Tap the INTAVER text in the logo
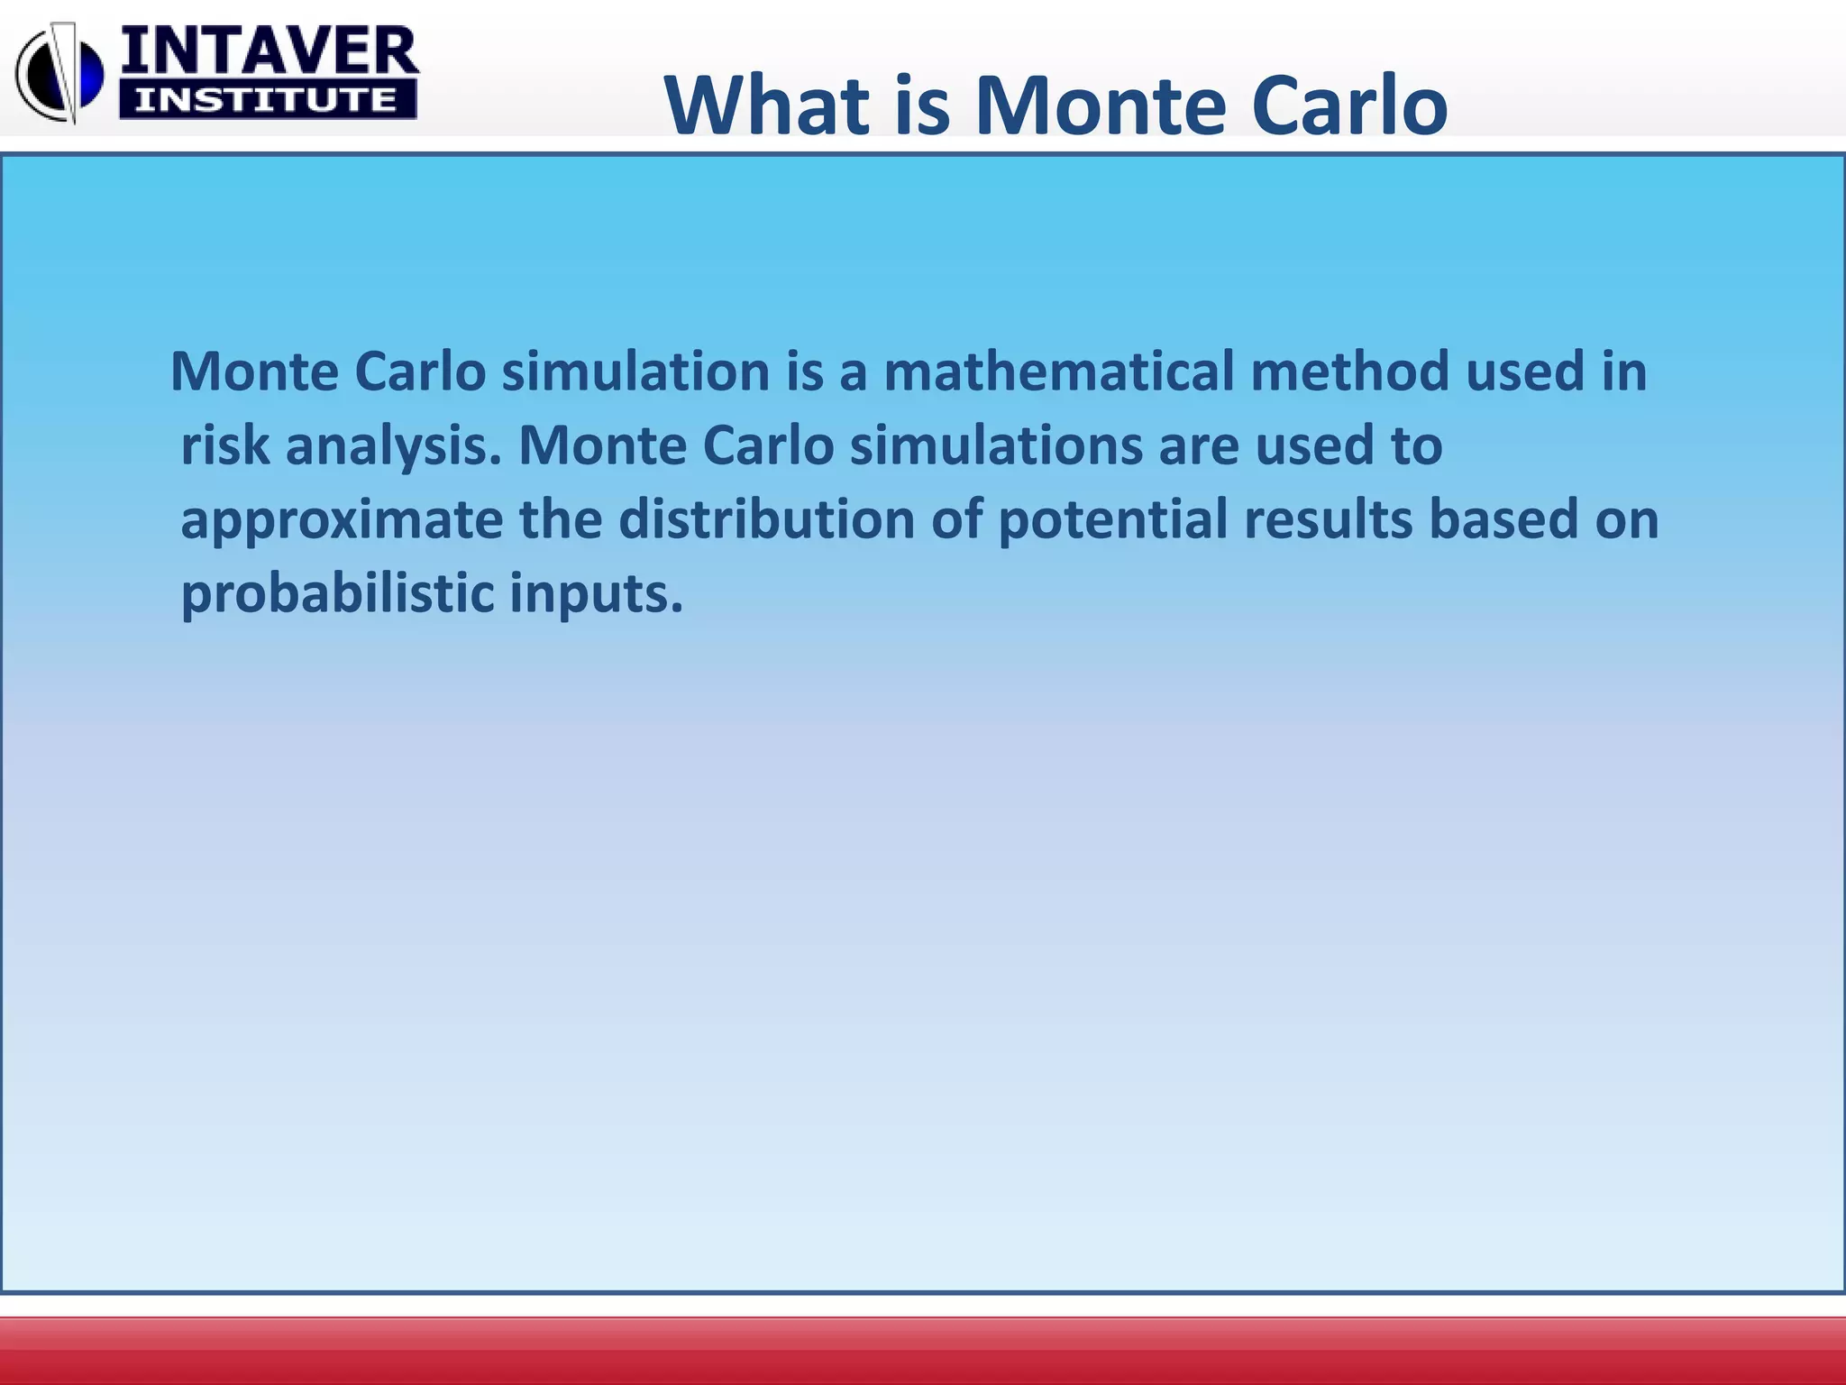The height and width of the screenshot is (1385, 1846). point(270,52)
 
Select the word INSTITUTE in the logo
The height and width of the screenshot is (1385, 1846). point(267,100)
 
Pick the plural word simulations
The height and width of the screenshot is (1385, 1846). point(996,445)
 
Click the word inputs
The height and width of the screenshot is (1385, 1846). point(596,595)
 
